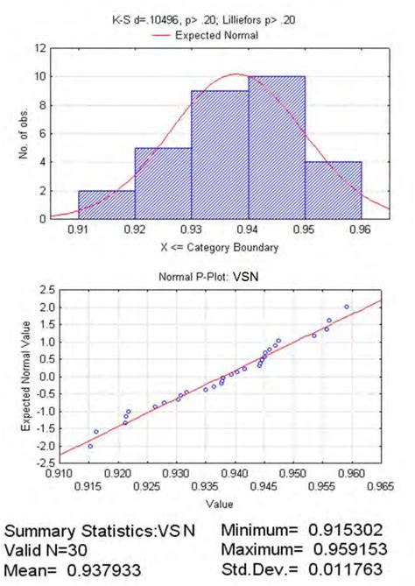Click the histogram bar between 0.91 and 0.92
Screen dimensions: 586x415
107,204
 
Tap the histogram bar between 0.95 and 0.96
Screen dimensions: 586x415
334,189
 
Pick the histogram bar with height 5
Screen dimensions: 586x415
164,183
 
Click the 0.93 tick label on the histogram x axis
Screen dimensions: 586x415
192,230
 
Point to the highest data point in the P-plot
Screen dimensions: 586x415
346,307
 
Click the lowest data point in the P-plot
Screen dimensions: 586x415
90,446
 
